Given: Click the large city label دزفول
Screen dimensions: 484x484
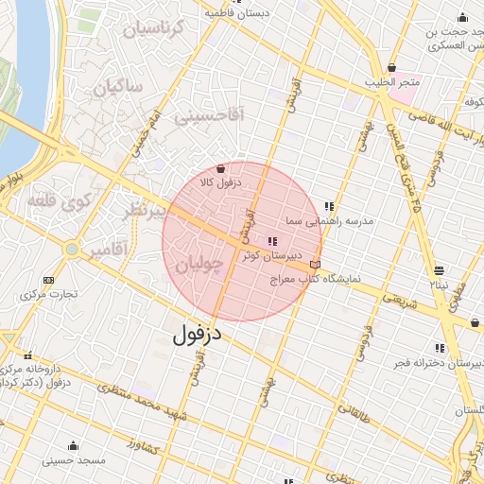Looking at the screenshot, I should (201, 334).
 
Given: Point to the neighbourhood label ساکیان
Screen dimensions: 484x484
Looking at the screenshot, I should (116, 88).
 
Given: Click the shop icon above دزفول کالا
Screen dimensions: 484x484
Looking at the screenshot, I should (220, 167).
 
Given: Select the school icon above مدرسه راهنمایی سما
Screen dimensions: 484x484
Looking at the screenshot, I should (330, 206).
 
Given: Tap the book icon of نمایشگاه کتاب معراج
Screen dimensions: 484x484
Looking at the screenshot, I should (315, 265).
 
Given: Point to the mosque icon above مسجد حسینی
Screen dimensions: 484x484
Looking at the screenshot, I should (73, 445).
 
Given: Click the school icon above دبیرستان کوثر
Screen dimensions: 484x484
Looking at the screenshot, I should (273, 242).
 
